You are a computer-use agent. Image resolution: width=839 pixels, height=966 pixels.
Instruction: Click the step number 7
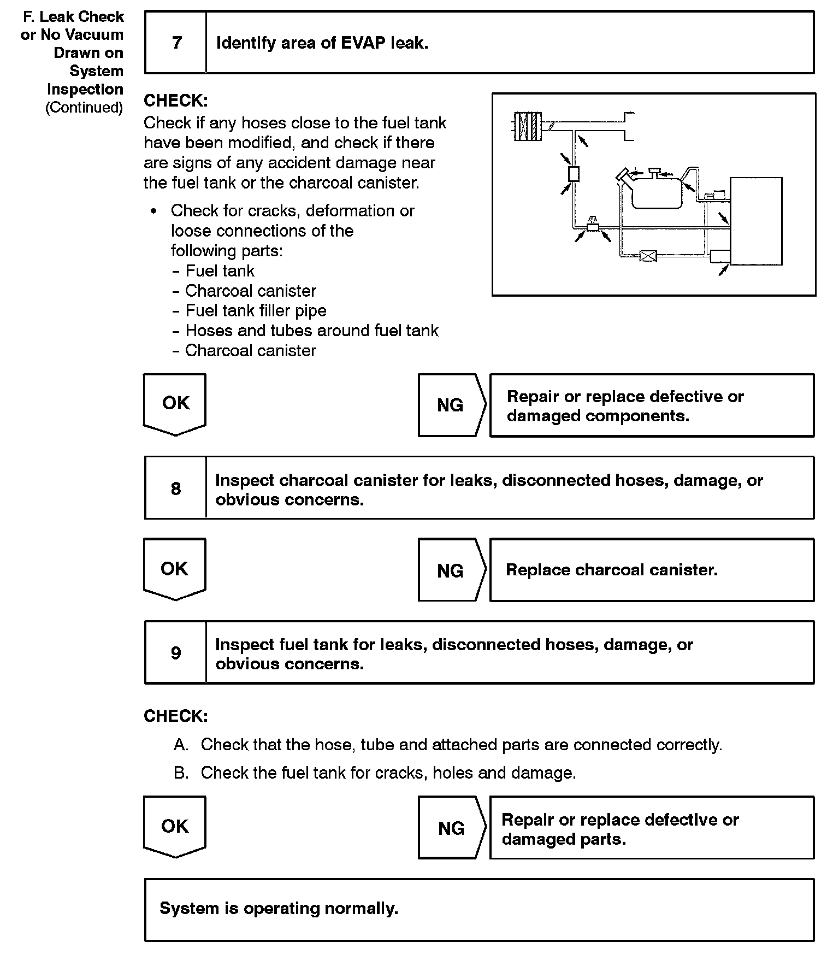tap(176, 43)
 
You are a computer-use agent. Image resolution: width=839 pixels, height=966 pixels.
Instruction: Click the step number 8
tap(176, 488)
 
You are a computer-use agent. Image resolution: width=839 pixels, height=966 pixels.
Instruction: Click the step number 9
tap(176, 652)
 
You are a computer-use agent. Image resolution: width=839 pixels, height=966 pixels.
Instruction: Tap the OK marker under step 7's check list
tap(175, 403)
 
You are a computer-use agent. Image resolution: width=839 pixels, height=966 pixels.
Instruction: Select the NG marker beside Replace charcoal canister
tap(451, 571)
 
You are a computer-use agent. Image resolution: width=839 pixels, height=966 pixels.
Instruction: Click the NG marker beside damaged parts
tap(451, 828)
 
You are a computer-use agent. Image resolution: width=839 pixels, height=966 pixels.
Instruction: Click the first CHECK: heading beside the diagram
tap(176, 101)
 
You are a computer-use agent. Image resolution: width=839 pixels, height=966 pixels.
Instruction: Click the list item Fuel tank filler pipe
tap(256, 311)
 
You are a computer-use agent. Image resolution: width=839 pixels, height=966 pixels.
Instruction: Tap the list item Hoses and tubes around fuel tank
tap(311, 331)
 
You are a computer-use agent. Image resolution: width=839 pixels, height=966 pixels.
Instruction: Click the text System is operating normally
tap(279, 908)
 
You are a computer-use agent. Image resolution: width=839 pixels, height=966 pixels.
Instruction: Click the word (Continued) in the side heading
tap(84, 107)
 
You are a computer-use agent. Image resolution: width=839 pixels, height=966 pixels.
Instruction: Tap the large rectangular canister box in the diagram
tap(756, 221)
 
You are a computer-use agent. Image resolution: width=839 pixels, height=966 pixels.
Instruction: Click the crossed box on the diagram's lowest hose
tap(648, 255)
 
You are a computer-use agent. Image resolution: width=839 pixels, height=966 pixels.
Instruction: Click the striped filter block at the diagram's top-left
tap(528, 126)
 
